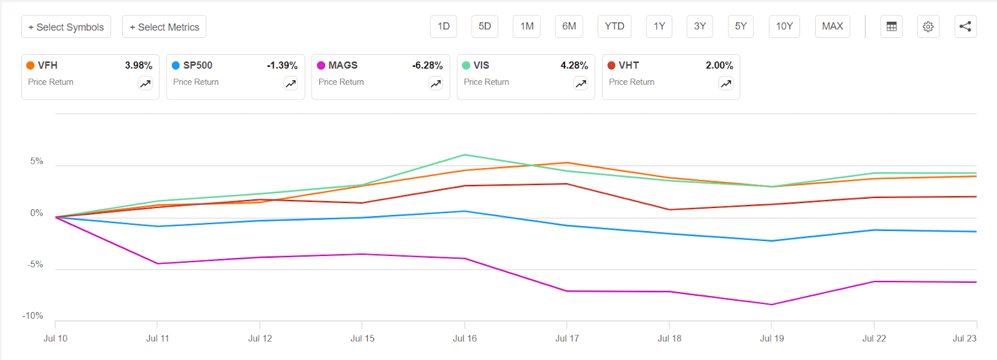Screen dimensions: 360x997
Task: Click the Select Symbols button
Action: click(x=66, y=27)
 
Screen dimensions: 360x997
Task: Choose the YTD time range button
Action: click(x=614, y=26)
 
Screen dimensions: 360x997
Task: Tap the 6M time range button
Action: click(x=569, y=26)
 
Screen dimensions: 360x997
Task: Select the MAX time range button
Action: click(x=832, y=26)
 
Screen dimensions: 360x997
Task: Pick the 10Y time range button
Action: click(x=784, y=26)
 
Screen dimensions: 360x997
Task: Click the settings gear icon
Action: click(x=928, y=27)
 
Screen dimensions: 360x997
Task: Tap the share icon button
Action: click(x=965, y=26)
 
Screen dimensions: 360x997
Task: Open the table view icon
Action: click(x=892, y=27)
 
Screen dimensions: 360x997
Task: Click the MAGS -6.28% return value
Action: click(x=427, y=65)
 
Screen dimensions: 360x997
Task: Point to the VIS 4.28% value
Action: click(x=574, y=65)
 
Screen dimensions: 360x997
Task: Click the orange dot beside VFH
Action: click(x=31, y=65)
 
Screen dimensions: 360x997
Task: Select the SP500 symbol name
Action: click(x=198, y=65)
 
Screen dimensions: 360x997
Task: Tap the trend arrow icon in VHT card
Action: click(x=726, y=83)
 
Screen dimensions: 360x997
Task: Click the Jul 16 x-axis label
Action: click(x=464, y=338)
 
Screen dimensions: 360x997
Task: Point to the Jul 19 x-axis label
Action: click(x=771, y=338)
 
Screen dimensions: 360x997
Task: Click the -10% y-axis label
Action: click(x=33, y=316)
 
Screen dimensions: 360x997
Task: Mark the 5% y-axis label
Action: click(x=37, y=161)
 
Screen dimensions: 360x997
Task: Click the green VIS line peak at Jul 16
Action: click(x=465, y=155)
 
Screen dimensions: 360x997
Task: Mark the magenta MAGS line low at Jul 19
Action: click(x=771, y=305)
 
